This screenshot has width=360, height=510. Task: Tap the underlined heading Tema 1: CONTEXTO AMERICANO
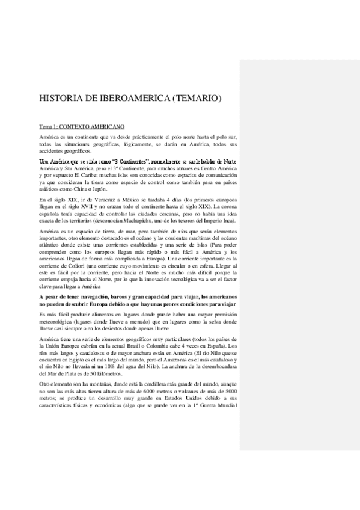pos(82,127)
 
